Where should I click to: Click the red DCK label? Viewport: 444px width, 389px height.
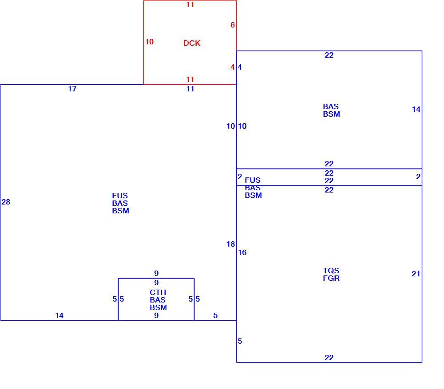point(192,43)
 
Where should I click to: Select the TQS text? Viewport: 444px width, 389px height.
point(331,271)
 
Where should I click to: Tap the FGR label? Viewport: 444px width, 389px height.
point(331,278)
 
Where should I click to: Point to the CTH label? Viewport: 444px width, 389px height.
point(158,292)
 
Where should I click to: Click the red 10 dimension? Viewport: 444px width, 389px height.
point(149,42)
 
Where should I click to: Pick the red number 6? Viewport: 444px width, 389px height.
point(233,25)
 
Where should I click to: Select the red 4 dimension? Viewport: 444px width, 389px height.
point(233,67)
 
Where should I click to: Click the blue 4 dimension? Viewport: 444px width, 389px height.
point(240,67)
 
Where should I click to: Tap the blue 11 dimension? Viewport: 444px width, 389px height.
point(190,89)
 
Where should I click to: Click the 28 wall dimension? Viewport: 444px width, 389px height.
point(6,202)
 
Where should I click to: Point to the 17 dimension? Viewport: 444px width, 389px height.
point(72,89)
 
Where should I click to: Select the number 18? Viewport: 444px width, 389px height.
point(231,244)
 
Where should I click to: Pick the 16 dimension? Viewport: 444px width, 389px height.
point(242,252)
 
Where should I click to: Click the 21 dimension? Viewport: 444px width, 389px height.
point(416,274)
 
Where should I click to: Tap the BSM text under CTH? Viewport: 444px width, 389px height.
point(159,307)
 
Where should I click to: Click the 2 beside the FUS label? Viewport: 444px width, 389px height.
point(240,177)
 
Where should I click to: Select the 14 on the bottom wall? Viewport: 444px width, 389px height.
point(59,315)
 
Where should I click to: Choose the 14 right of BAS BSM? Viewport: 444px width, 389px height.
point(416,109)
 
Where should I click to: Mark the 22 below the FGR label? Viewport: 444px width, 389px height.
point(329,358)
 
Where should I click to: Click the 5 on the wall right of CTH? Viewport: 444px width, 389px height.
point(198,299)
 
